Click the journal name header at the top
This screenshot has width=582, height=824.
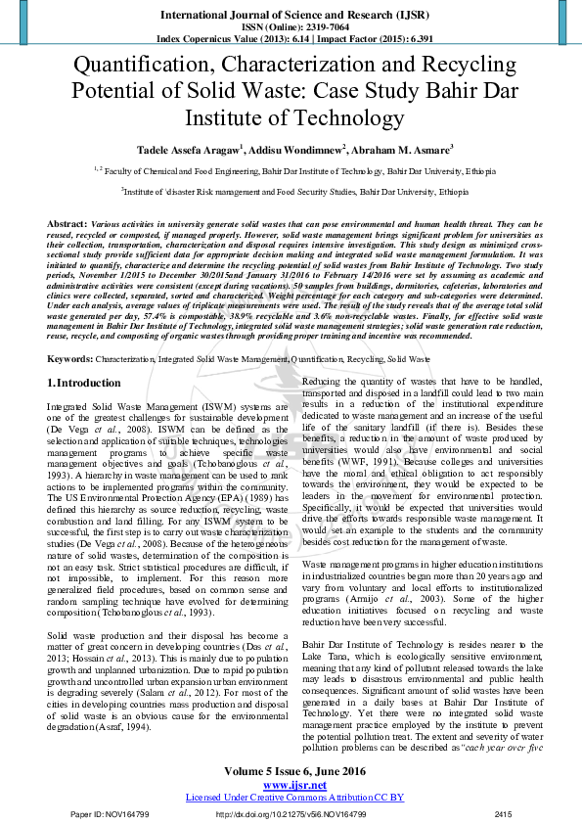click(291, 15)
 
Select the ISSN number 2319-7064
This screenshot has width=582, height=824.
click(314, 28)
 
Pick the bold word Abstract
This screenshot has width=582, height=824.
click(66, 224)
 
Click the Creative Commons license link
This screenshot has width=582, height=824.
click(291, 798)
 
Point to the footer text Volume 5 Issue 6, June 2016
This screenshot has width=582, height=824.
click(291, 773)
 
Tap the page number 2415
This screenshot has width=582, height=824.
click(503, 814)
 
